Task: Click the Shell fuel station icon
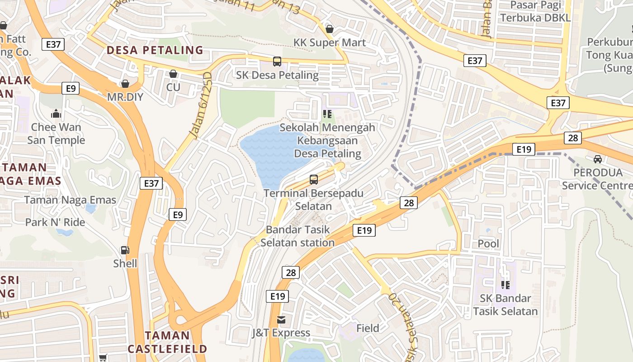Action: click(124, 250)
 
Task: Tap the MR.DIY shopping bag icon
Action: click(125, 84)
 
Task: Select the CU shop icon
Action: click(173, 74)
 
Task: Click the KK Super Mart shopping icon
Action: click(330, 29)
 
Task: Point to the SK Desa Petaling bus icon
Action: click(277, 61)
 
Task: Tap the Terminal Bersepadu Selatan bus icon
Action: click(314, 180)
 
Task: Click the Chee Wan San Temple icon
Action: click(56, 114)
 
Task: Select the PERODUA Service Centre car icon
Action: click(598, 159)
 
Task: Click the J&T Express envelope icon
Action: click(281, 320)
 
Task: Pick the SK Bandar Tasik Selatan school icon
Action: click(505, 285)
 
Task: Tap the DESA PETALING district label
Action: click(155, 50)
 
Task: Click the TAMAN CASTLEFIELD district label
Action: click(167, 342)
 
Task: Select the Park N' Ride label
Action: click(55, 222)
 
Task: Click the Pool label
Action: click(489, 243)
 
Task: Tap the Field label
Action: click(368, 328)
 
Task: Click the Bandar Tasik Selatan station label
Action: click(298, 236)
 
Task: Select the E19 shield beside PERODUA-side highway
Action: click(524, 149)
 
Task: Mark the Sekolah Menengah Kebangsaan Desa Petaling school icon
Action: click(327, 114)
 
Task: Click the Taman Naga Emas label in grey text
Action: click(70, 200)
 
